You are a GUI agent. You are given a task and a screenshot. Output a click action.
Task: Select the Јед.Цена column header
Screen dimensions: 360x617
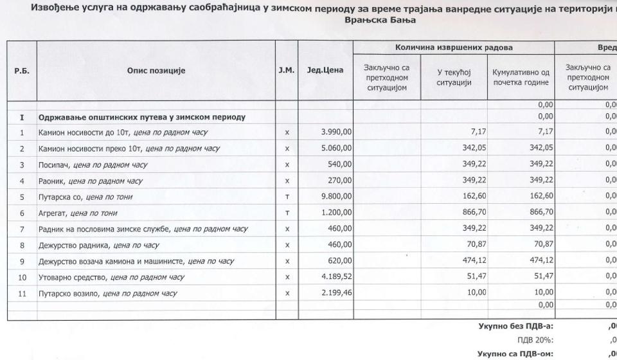(325, 71)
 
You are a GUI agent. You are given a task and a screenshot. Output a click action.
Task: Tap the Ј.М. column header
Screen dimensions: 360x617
(287, 71)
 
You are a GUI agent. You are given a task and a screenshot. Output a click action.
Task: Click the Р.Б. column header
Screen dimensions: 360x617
(21, 71)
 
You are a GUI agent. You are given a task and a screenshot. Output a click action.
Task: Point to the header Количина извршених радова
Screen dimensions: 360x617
(454, 48)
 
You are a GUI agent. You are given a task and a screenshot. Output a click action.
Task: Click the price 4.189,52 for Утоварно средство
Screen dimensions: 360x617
(334, 277)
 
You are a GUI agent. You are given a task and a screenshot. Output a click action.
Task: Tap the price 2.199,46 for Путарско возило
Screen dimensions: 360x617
(334, 293)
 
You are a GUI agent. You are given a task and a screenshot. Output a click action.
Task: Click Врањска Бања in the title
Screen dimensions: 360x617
(380, 20)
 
